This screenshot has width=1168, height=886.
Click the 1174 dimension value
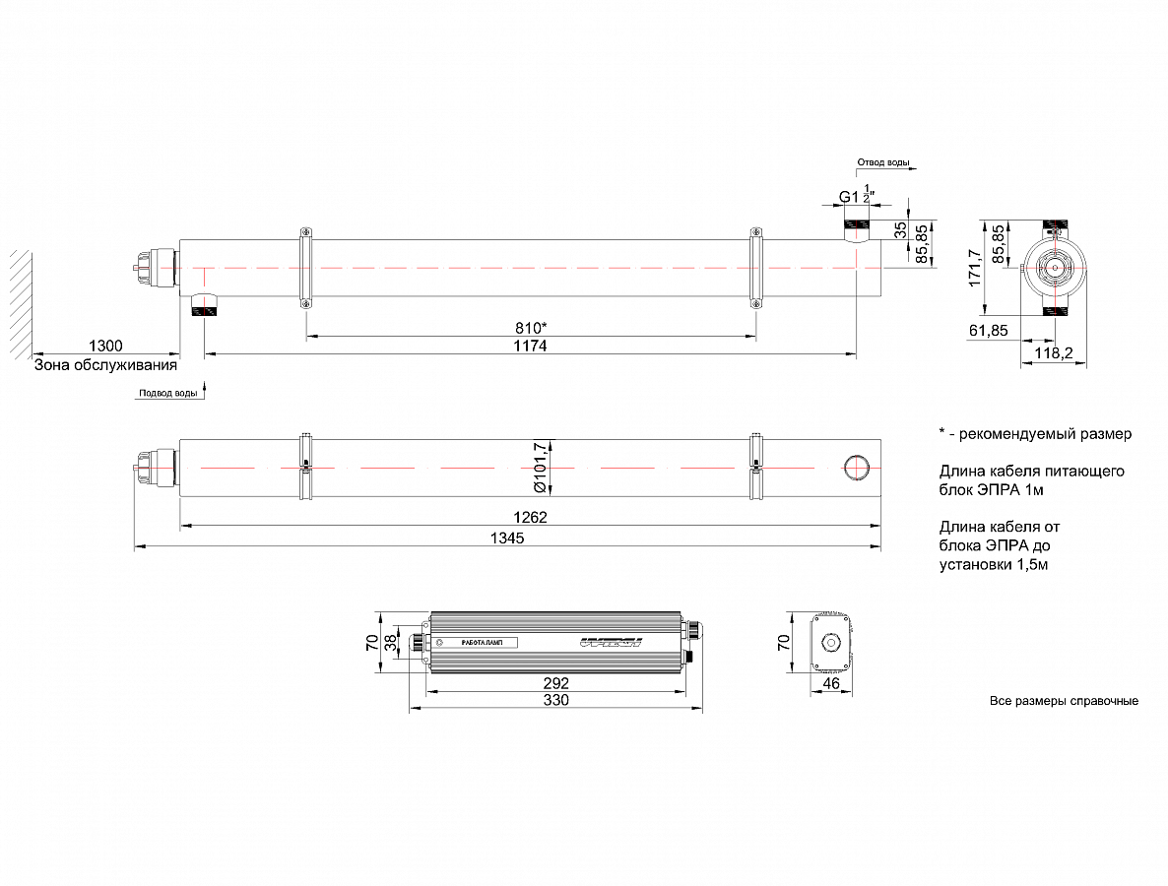[x=529, y=346]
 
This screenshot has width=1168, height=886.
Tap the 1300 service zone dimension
[x=104, y=346]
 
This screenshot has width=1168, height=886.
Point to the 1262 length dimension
[x=529, y=517]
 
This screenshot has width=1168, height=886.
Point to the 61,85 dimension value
[x=988, y=331]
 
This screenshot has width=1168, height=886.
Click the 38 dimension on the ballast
[x=391, y=643]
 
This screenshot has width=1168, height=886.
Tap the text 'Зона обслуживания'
[x=105, y=364]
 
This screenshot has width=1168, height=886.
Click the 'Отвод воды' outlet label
[x=882, y=161]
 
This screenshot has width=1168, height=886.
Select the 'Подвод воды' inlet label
[x=167, y=393]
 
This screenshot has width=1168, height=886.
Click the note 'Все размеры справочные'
[x=1064, y=701]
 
